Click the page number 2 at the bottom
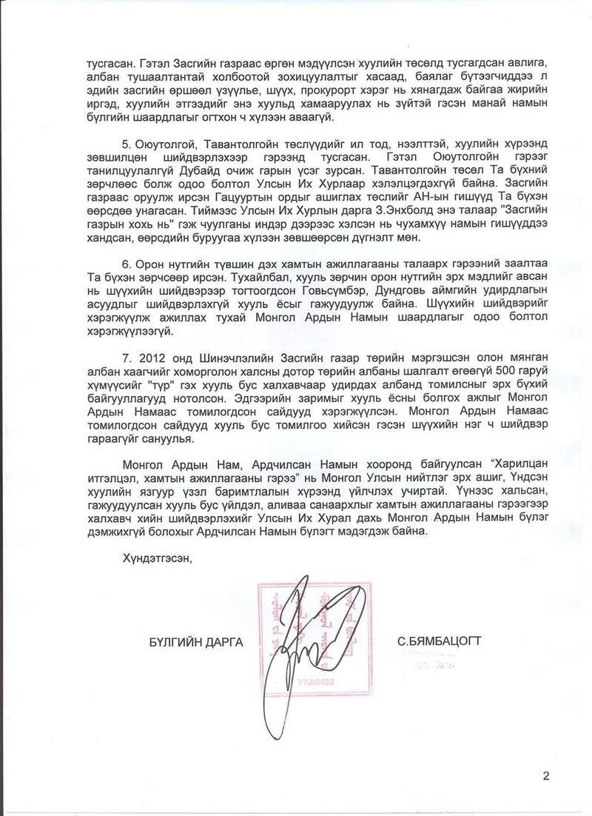[x=546, y=776]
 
